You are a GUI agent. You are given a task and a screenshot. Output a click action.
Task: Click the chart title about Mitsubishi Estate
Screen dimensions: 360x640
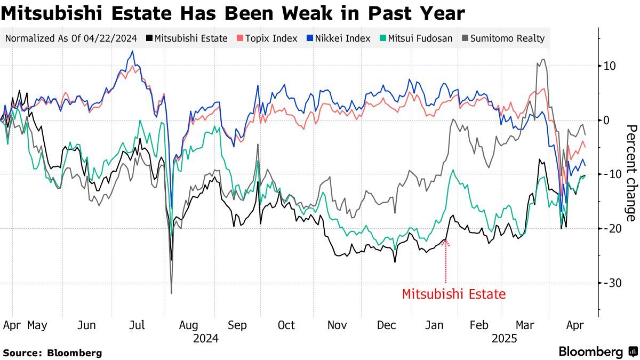coord(233,13)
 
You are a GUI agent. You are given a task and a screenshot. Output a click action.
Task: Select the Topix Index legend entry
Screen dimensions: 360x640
coord(267,38)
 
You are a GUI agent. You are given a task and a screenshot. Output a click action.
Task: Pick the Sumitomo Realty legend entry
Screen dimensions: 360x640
coord(505,38)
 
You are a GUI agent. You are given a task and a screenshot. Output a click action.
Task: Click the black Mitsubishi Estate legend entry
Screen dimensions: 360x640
coord(187,38)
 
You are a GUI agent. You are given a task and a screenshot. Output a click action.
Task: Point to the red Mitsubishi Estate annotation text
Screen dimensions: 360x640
coord(453,294)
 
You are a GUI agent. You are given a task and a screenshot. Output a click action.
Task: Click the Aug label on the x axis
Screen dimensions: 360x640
coord(188,325)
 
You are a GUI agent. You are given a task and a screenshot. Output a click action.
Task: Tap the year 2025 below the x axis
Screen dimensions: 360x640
coord(504,338)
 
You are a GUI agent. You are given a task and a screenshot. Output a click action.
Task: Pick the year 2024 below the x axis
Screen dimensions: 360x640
coord(205,338)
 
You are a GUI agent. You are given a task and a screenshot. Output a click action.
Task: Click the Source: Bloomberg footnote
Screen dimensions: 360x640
coord(52,353)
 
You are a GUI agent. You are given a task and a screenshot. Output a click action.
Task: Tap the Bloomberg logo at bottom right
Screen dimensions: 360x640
coord(598,352)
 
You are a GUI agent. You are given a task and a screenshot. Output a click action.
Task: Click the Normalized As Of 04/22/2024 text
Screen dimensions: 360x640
coord(71,38)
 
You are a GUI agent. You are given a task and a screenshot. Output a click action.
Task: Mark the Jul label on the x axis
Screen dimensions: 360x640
coord(138,325)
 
